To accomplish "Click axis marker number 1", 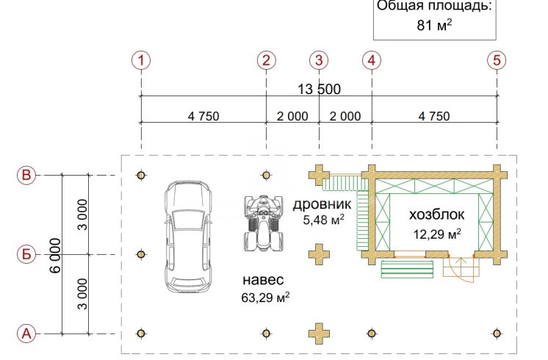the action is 141,60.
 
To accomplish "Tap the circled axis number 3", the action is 319,60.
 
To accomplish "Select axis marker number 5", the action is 497,60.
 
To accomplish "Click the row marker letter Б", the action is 26,254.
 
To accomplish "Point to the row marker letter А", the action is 26,334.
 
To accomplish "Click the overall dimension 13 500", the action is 319,89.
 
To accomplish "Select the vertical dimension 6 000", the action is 55,255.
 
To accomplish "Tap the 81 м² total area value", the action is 434,25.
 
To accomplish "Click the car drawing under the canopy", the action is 188,237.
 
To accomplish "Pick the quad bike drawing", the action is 264,223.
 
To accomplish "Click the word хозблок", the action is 436,215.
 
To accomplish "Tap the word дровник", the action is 322,204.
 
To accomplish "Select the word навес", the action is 263,280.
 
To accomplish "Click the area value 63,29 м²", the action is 265,298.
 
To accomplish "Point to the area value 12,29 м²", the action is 437,234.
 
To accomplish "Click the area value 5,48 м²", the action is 324,220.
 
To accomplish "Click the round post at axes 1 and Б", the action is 141,254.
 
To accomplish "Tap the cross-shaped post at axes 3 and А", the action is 319,334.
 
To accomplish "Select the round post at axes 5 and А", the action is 497,334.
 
